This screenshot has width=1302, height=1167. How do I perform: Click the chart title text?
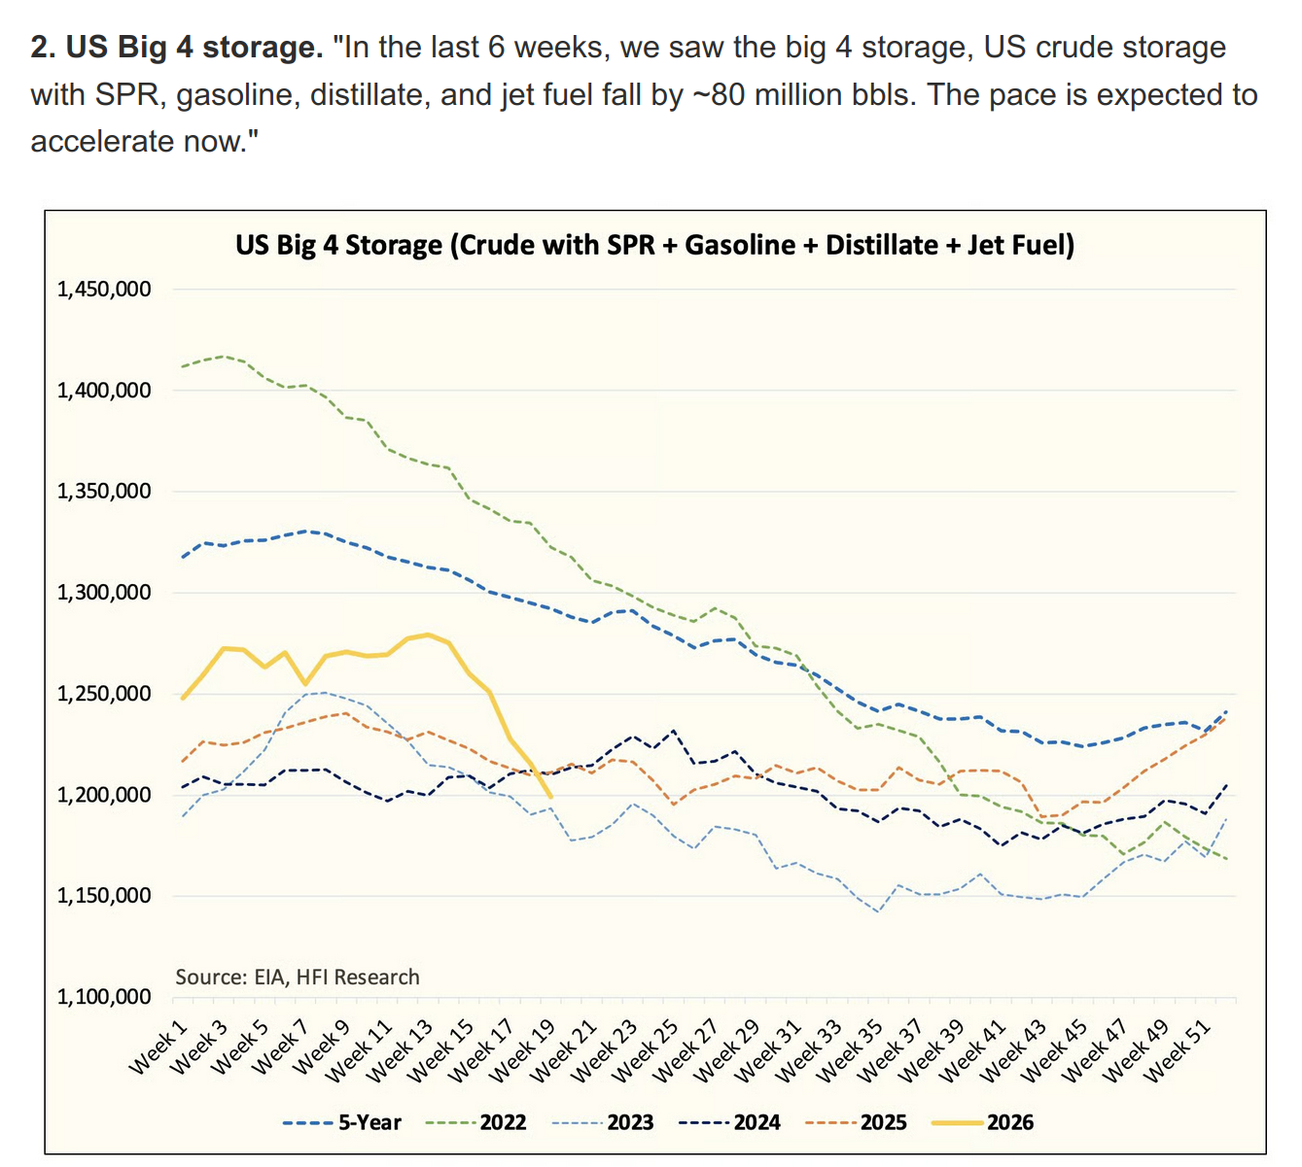[x=654, y=245]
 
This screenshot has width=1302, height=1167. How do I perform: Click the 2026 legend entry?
[x=982, y=1121]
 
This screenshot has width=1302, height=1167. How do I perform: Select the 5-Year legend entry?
[x=342, y=1121]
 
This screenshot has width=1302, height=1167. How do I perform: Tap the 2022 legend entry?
[x=476, y=1121]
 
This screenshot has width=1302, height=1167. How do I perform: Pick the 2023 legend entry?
[x=603, y=1121]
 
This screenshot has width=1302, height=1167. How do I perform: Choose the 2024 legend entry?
[x=729, y=1121]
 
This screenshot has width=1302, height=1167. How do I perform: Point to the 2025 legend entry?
[x=856, y=1121]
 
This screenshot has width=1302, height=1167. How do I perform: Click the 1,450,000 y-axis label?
[x=104, y=290]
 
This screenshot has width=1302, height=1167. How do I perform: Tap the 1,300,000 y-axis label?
[x=104, y=592]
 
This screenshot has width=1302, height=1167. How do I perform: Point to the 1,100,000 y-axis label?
[x=104, y=997]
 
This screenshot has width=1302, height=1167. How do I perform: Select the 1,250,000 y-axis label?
[x=104, y=694]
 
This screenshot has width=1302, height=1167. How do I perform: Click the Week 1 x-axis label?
[x=158, y=1047]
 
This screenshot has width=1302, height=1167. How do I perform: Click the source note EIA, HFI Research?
[x=298, y=977]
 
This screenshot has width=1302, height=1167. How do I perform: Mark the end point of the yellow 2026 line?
[x=550, y=797]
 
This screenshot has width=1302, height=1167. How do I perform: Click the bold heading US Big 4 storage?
[x=177, y=48]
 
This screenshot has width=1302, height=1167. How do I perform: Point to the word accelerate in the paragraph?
[x=101, y=142]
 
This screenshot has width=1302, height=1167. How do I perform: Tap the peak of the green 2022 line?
[x=223, y=356]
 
